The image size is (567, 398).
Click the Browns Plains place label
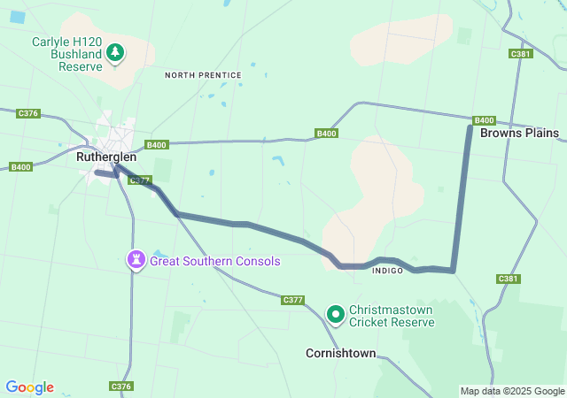[x=520, y=134]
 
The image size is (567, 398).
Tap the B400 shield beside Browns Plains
[x=484, y=120]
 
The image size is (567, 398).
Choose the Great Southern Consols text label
[x=214, y=262]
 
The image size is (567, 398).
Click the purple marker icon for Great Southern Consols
[x=136, y=261]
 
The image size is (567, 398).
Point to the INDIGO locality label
[x=388, y=270]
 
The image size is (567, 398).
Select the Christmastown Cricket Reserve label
[x=392, y=317]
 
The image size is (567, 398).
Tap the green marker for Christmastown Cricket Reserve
[x=336, y=314]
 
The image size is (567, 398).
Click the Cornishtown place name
[x=340, y=353]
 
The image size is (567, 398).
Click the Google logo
[x=29, y=387]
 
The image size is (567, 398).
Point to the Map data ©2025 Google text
[x=512, y=391]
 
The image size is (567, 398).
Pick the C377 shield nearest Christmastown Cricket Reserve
[x=293, y=301]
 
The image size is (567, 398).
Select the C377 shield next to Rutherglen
[x=139, y=180]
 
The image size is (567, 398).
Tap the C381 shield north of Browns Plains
[x=520, y=54]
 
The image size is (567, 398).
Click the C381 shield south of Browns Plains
[x=508, y=279]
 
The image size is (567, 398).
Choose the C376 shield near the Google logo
[x=121, y=387]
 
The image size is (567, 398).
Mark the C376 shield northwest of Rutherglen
[x=28, y=113]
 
